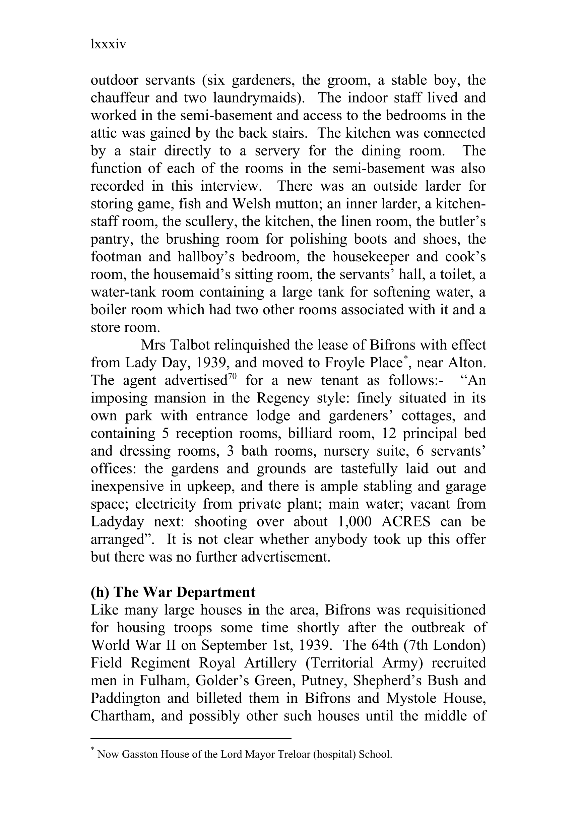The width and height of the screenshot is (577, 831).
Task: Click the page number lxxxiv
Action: (108, 45)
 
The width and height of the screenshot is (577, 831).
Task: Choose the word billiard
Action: (309, 433)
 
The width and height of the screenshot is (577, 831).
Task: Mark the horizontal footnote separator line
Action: (191, 738)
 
